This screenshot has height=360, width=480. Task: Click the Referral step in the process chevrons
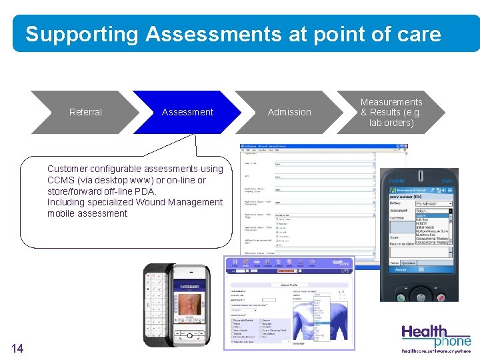[x=85, y=112]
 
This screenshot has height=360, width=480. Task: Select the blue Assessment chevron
[x=187, y=112]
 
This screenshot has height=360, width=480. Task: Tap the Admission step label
[x=289, y=112]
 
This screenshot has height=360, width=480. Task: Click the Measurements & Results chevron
[x=391, y=112]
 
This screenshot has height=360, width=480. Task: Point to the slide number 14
[x=17, y=347]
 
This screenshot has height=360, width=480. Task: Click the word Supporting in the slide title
[x=81, y=34]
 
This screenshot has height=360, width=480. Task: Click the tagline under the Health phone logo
[x=435, y=350]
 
